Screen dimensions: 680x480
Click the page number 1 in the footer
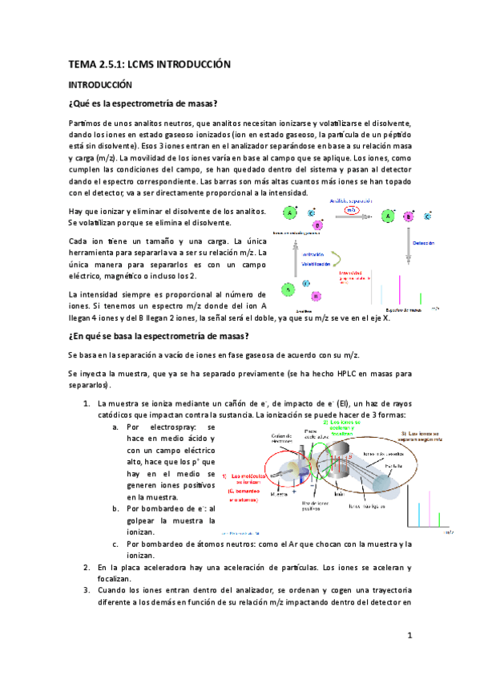(x=409, y=636)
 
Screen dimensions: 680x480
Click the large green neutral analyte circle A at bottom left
(x=286, y=288)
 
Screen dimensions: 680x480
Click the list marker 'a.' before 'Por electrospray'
(x=116, y=427)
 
